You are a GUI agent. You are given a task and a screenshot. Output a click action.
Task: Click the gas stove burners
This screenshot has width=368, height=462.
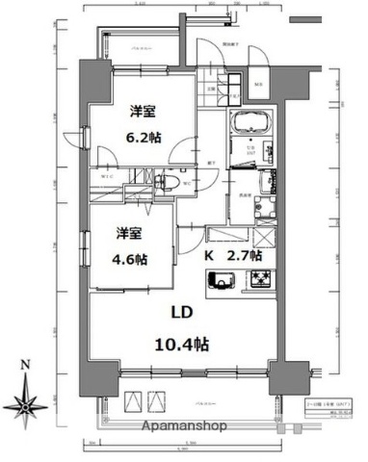point(260,280)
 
